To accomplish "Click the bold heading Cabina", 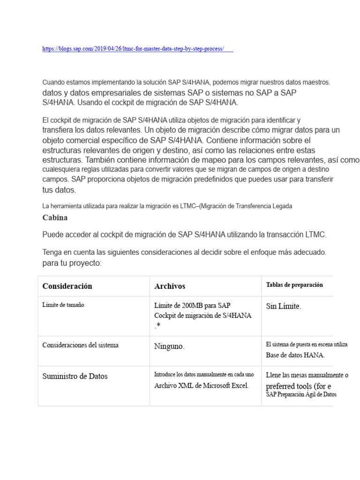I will [x=55, y=217].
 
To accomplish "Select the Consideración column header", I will [x=67, y=286].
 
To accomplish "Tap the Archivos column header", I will [x=170, y=286].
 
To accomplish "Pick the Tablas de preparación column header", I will [x=294, y=285].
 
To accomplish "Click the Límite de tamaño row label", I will [x=63, y=305].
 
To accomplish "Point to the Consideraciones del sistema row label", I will [x=80, y=345].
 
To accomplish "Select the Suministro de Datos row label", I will [x=75, y=376].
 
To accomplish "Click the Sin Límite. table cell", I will [x=284, y=306].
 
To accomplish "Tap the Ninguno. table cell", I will [x=170, y=347].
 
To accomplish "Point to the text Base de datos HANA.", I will [x=295, y=355].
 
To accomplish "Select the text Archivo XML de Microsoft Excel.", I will [x=202, y=385].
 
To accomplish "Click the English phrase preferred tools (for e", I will [x=299, y=386].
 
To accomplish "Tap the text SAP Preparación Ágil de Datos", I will [x=301, y=395].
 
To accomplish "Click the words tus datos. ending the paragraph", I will [x=59, y=190].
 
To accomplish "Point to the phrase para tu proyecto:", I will [x=72, y=263].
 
